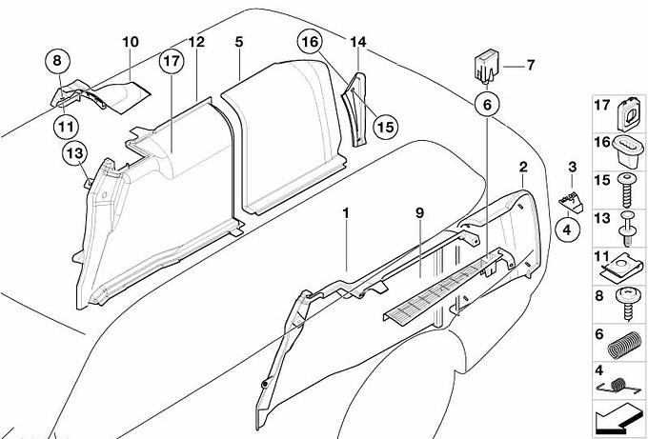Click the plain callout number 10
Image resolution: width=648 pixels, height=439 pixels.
(130, 42)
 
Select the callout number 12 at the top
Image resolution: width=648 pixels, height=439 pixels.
(195, 42)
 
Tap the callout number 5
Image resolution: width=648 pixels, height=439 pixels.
(239, 42)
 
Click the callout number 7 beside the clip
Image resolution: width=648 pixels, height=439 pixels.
(531, 65)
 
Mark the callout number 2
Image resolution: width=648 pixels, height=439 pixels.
(523, 168)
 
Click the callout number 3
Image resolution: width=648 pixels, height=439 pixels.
(572, 168)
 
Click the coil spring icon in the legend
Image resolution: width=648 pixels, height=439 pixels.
(621, 343)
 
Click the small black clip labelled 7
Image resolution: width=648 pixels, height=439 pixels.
(484, 68)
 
